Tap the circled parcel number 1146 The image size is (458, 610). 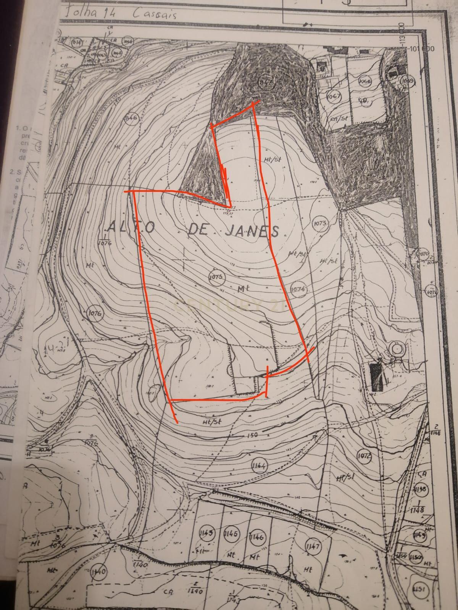pos(257,538)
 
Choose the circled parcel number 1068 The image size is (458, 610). pos(365,81)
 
